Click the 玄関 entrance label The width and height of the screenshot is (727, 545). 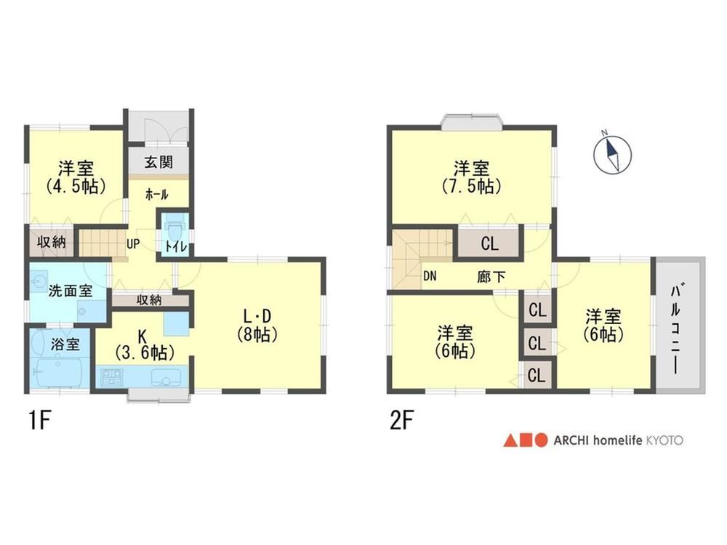pyautogui.click(x=158, y=162)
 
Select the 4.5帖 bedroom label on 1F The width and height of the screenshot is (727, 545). pyautogui.click(x=76, y=177)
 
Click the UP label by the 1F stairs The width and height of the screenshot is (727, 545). pyautogui.click(x=133, y=243)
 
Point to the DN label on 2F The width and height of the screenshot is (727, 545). pyautogui.click(x=430, y=276)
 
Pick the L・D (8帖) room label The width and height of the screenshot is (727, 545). pyautogui.click(x=257, y=326)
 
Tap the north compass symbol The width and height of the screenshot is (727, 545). pyautogui.click(x=612, y=154)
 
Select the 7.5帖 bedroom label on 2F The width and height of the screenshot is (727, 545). pyautogui.click(x=472, y=177)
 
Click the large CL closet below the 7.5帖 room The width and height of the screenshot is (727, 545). pyautogui.click(x=490, y=243)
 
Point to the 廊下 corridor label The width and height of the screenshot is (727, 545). pyautogui.click(x=491, y=277)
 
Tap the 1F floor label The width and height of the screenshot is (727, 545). pyautogui.click(x=39, y=421)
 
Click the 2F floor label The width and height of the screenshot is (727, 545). pyautogui.click(x=401, y=421)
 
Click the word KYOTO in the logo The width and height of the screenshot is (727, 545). pyautogui.click(x=664, y=440)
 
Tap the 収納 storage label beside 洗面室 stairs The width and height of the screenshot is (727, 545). pyautogui.click(x=51, y=241)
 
